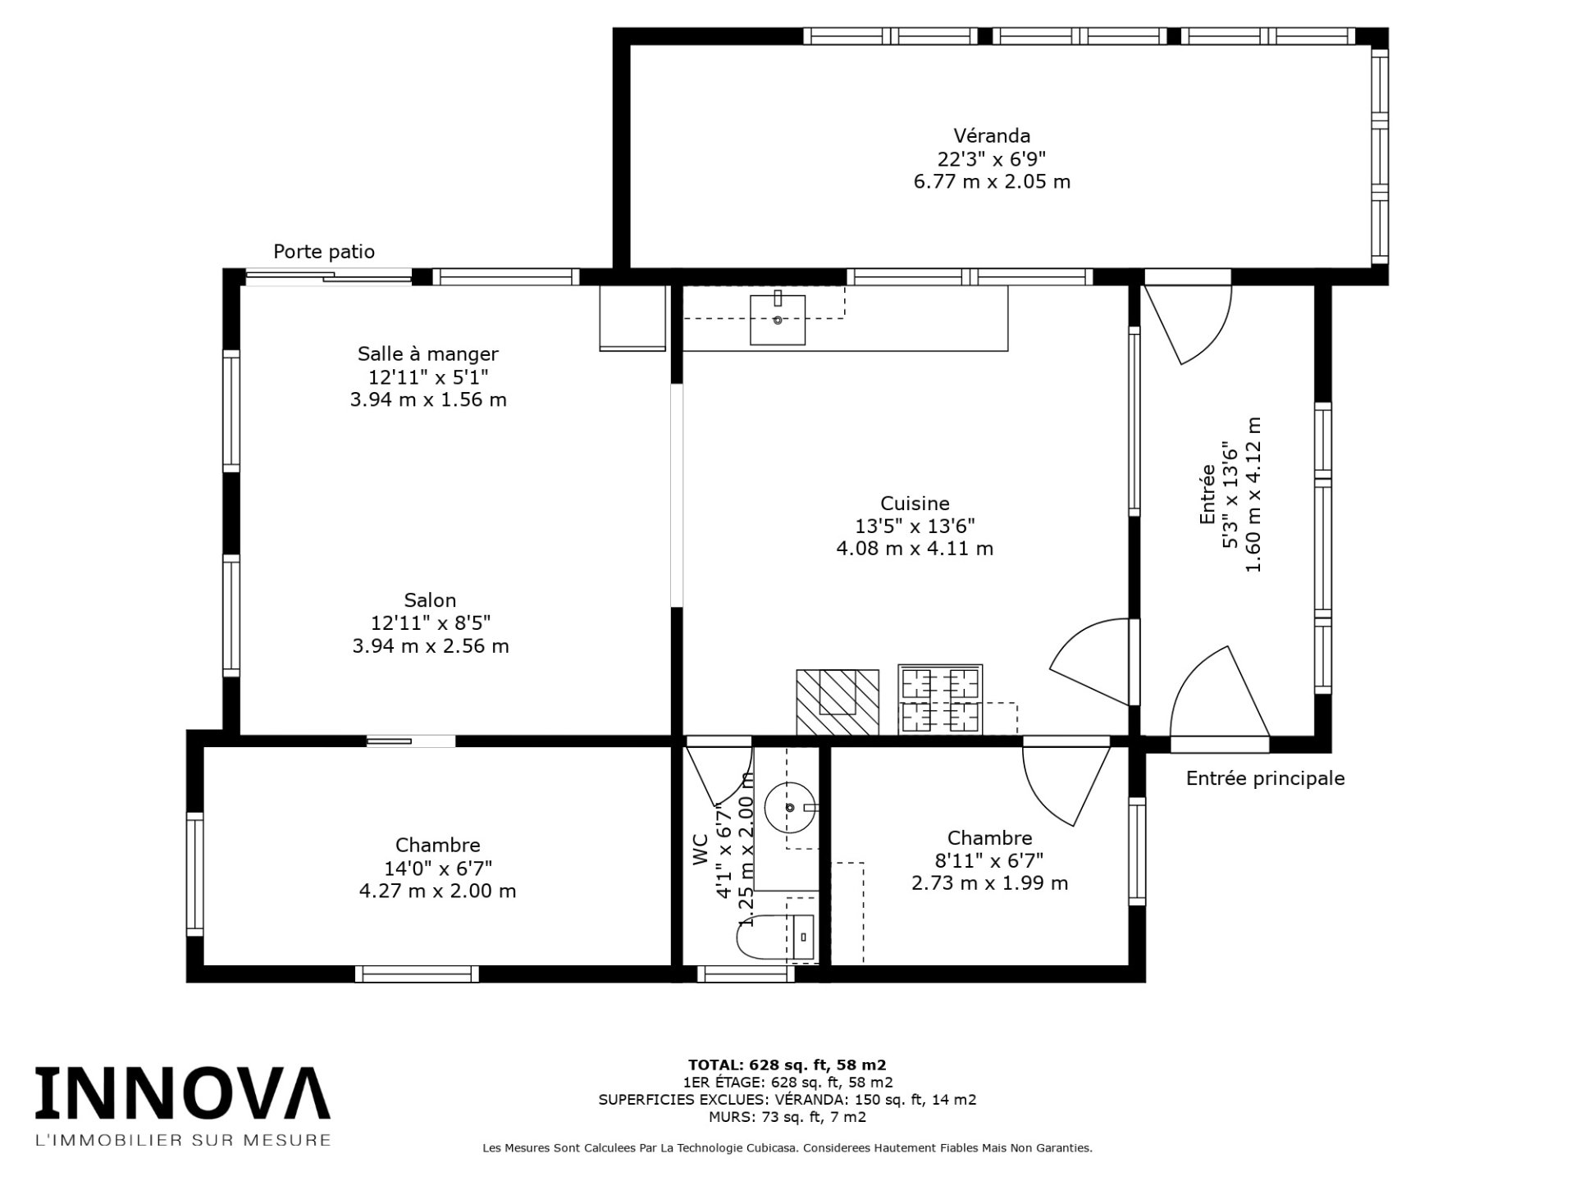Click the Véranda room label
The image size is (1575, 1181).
tap(991, 135)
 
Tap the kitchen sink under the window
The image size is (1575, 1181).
tap(777, 319)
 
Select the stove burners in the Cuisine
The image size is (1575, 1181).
tap(939, 700)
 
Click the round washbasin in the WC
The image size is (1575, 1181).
tap(790, 808)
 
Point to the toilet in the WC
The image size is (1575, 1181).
tap(775, 937)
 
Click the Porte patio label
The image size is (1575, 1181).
tap(324, 252)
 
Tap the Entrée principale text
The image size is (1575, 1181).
tap(1265, 778)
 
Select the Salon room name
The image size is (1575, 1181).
tap(430, 600)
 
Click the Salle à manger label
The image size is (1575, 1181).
tap(427, 353)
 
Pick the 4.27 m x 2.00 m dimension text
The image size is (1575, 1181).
tap(437, 891)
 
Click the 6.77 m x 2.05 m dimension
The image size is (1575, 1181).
tap(991, 181)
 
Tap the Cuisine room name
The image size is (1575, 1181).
tap(915, 503)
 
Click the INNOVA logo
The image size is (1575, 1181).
tap(182, 1093)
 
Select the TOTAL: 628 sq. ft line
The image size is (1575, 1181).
tap(787, 1065)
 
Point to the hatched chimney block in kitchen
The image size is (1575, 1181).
tap(837, 702)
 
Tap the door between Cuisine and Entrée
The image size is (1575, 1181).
tap(1091, 660)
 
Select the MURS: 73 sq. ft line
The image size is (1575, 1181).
tap(787, 1116)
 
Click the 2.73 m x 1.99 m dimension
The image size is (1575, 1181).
tap(989, 883)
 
